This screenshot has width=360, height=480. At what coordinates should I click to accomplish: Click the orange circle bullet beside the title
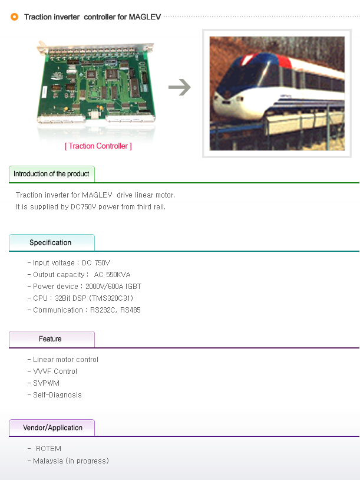14,17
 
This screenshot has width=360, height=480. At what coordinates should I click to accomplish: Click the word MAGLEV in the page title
145,17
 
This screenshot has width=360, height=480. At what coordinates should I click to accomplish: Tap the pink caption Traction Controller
98,146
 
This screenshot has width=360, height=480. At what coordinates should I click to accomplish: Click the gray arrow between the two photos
180,87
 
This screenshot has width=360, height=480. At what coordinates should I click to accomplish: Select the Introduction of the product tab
52,174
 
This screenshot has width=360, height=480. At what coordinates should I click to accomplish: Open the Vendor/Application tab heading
52,428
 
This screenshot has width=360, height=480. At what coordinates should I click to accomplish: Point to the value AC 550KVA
112,275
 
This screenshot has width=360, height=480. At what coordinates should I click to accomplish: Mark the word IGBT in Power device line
133,287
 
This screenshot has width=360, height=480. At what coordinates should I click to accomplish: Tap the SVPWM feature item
46,383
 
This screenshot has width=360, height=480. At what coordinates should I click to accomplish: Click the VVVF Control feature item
55,371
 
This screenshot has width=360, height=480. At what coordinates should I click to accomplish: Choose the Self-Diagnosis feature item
57,395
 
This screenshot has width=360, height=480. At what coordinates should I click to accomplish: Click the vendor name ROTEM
49,449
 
